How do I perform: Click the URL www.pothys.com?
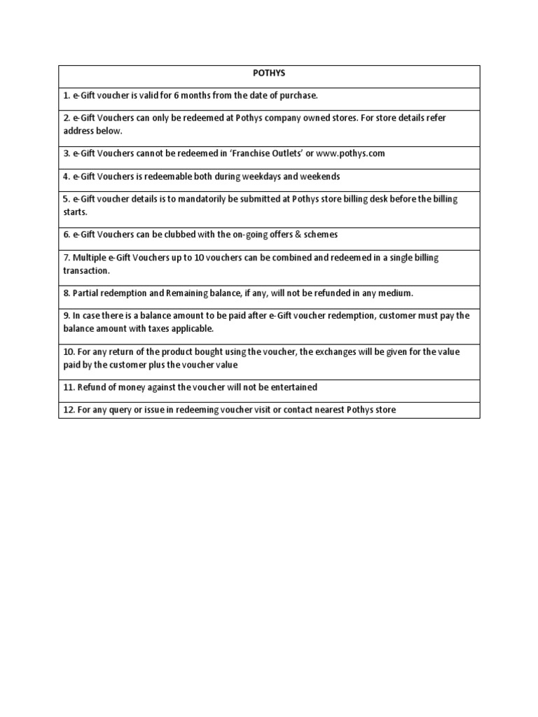tap(351, 153)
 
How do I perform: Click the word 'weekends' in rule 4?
tap(321, 176)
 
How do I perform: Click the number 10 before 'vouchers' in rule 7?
tap(199, 258)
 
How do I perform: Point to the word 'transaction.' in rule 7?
tap(88, 270)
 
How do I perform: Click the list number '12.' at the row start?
tap(69, 410)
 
